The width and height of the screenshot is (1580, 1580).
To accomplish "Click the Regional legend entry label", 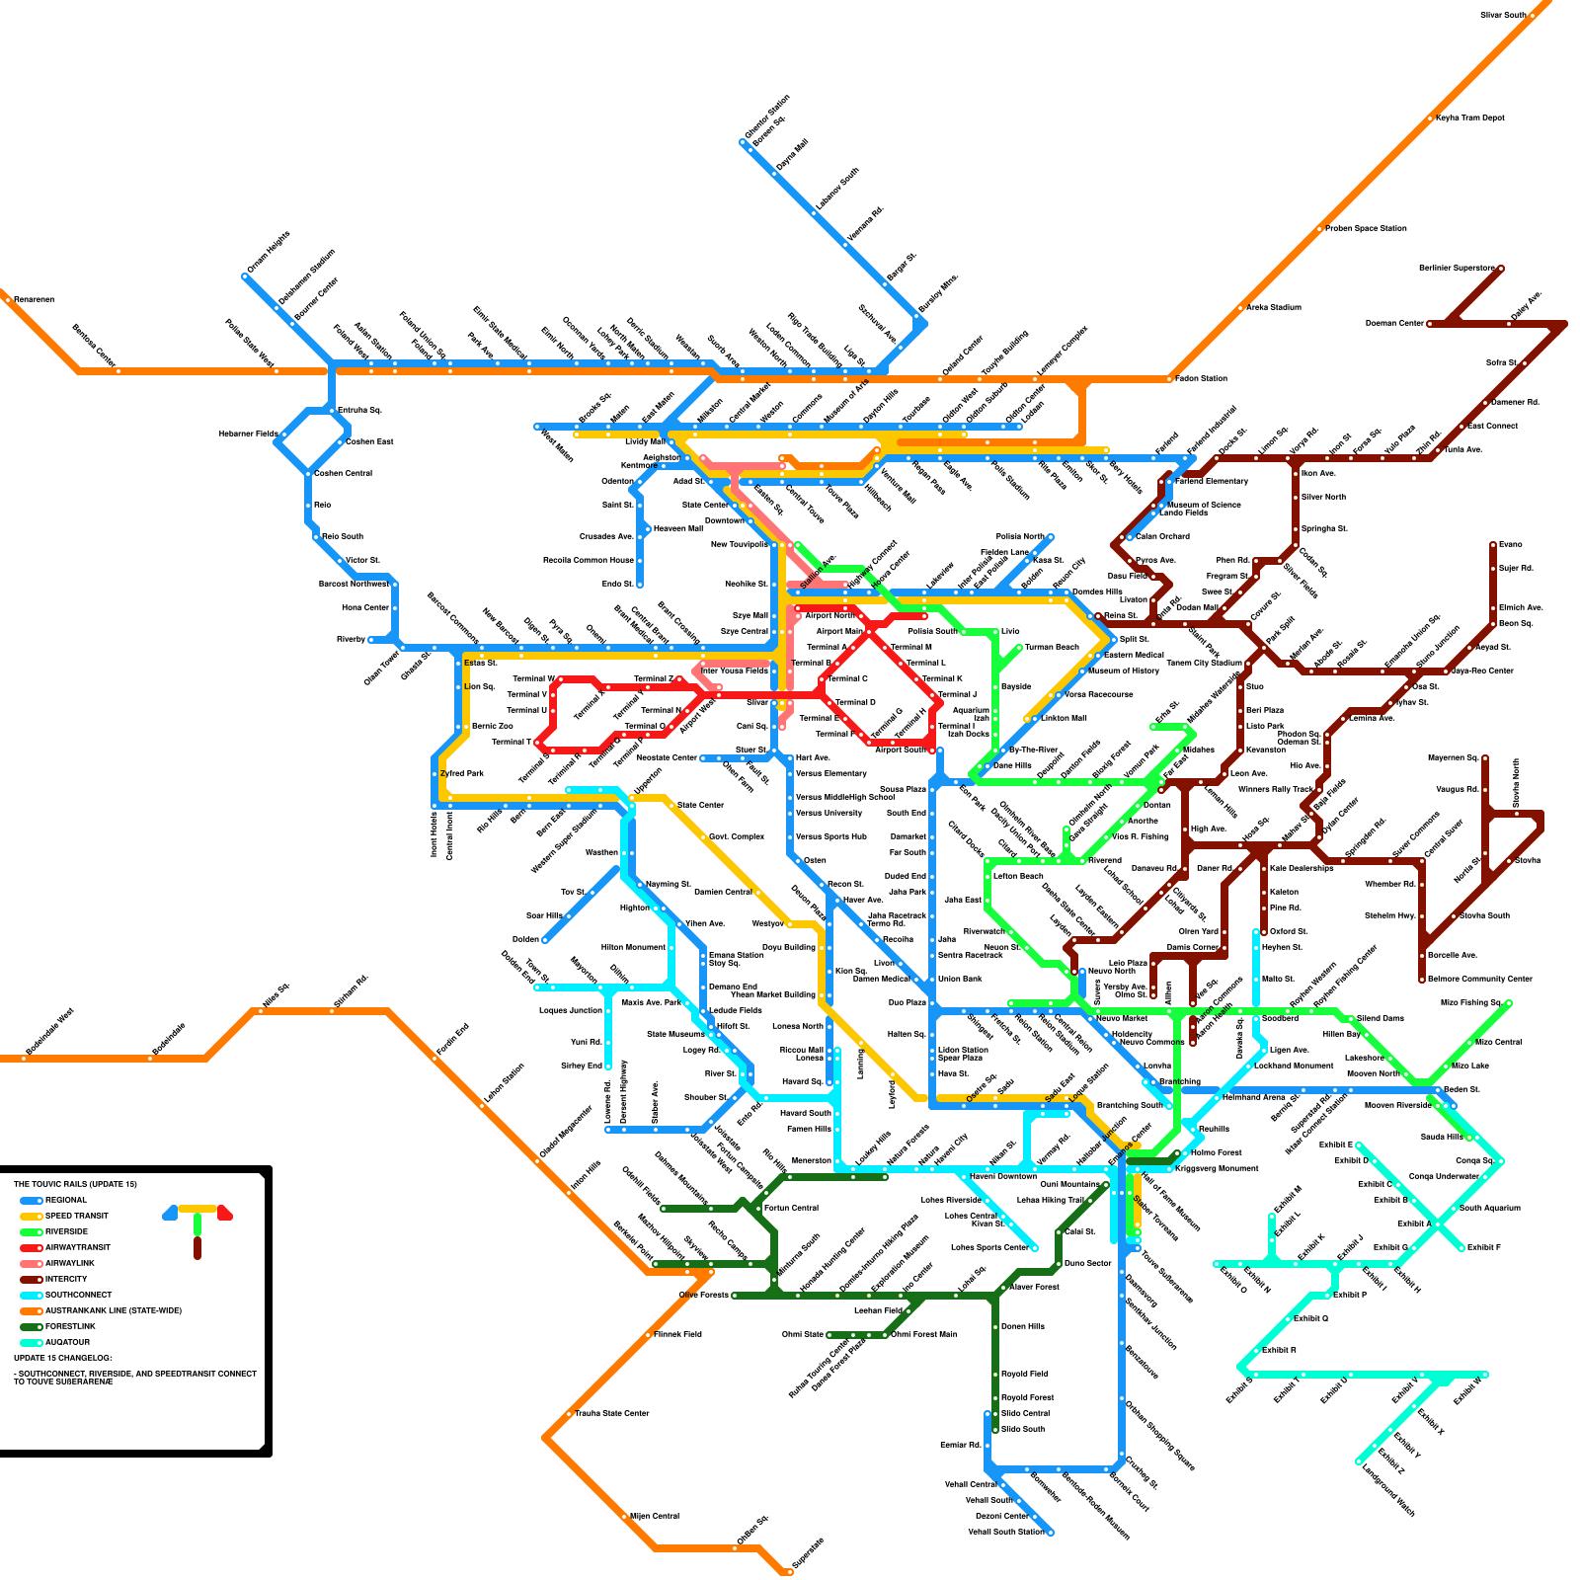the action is [66, 1200].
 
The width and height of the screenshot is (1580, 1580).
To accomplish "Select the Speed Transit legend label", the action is [76, 1216].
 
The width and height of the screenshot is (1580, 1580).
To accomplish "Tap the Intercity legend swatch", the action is [30, 1279].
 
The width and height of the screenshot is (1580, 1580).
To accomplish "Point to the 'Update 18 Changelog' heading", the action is [63, 1358].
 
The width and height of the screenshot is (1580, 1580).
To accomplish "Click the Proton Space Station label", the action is [1366, 228].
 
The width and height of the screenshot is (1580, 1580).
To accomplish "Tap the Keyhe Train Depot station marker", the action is [1430, 119].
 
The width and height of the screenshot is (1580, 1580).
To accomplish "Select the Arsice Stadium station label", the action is [1273, 307].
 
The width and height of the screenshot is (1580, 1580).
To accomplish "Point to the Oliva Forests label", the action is [703, 1295].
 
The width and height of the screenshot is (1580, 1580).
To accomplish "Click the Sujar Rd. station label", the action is [1516, 568].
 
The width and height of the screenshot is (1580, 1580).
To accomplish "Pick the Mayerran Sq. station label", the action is [1452, 757].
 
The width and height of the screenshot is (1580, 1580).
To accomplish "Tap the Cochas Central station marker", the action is [309, 474].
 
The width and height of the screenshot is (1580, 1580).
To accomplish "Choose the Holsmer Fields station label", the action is [248, 434].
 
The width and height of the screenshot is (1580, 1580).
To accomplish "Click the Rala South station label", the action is [343, 536].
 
